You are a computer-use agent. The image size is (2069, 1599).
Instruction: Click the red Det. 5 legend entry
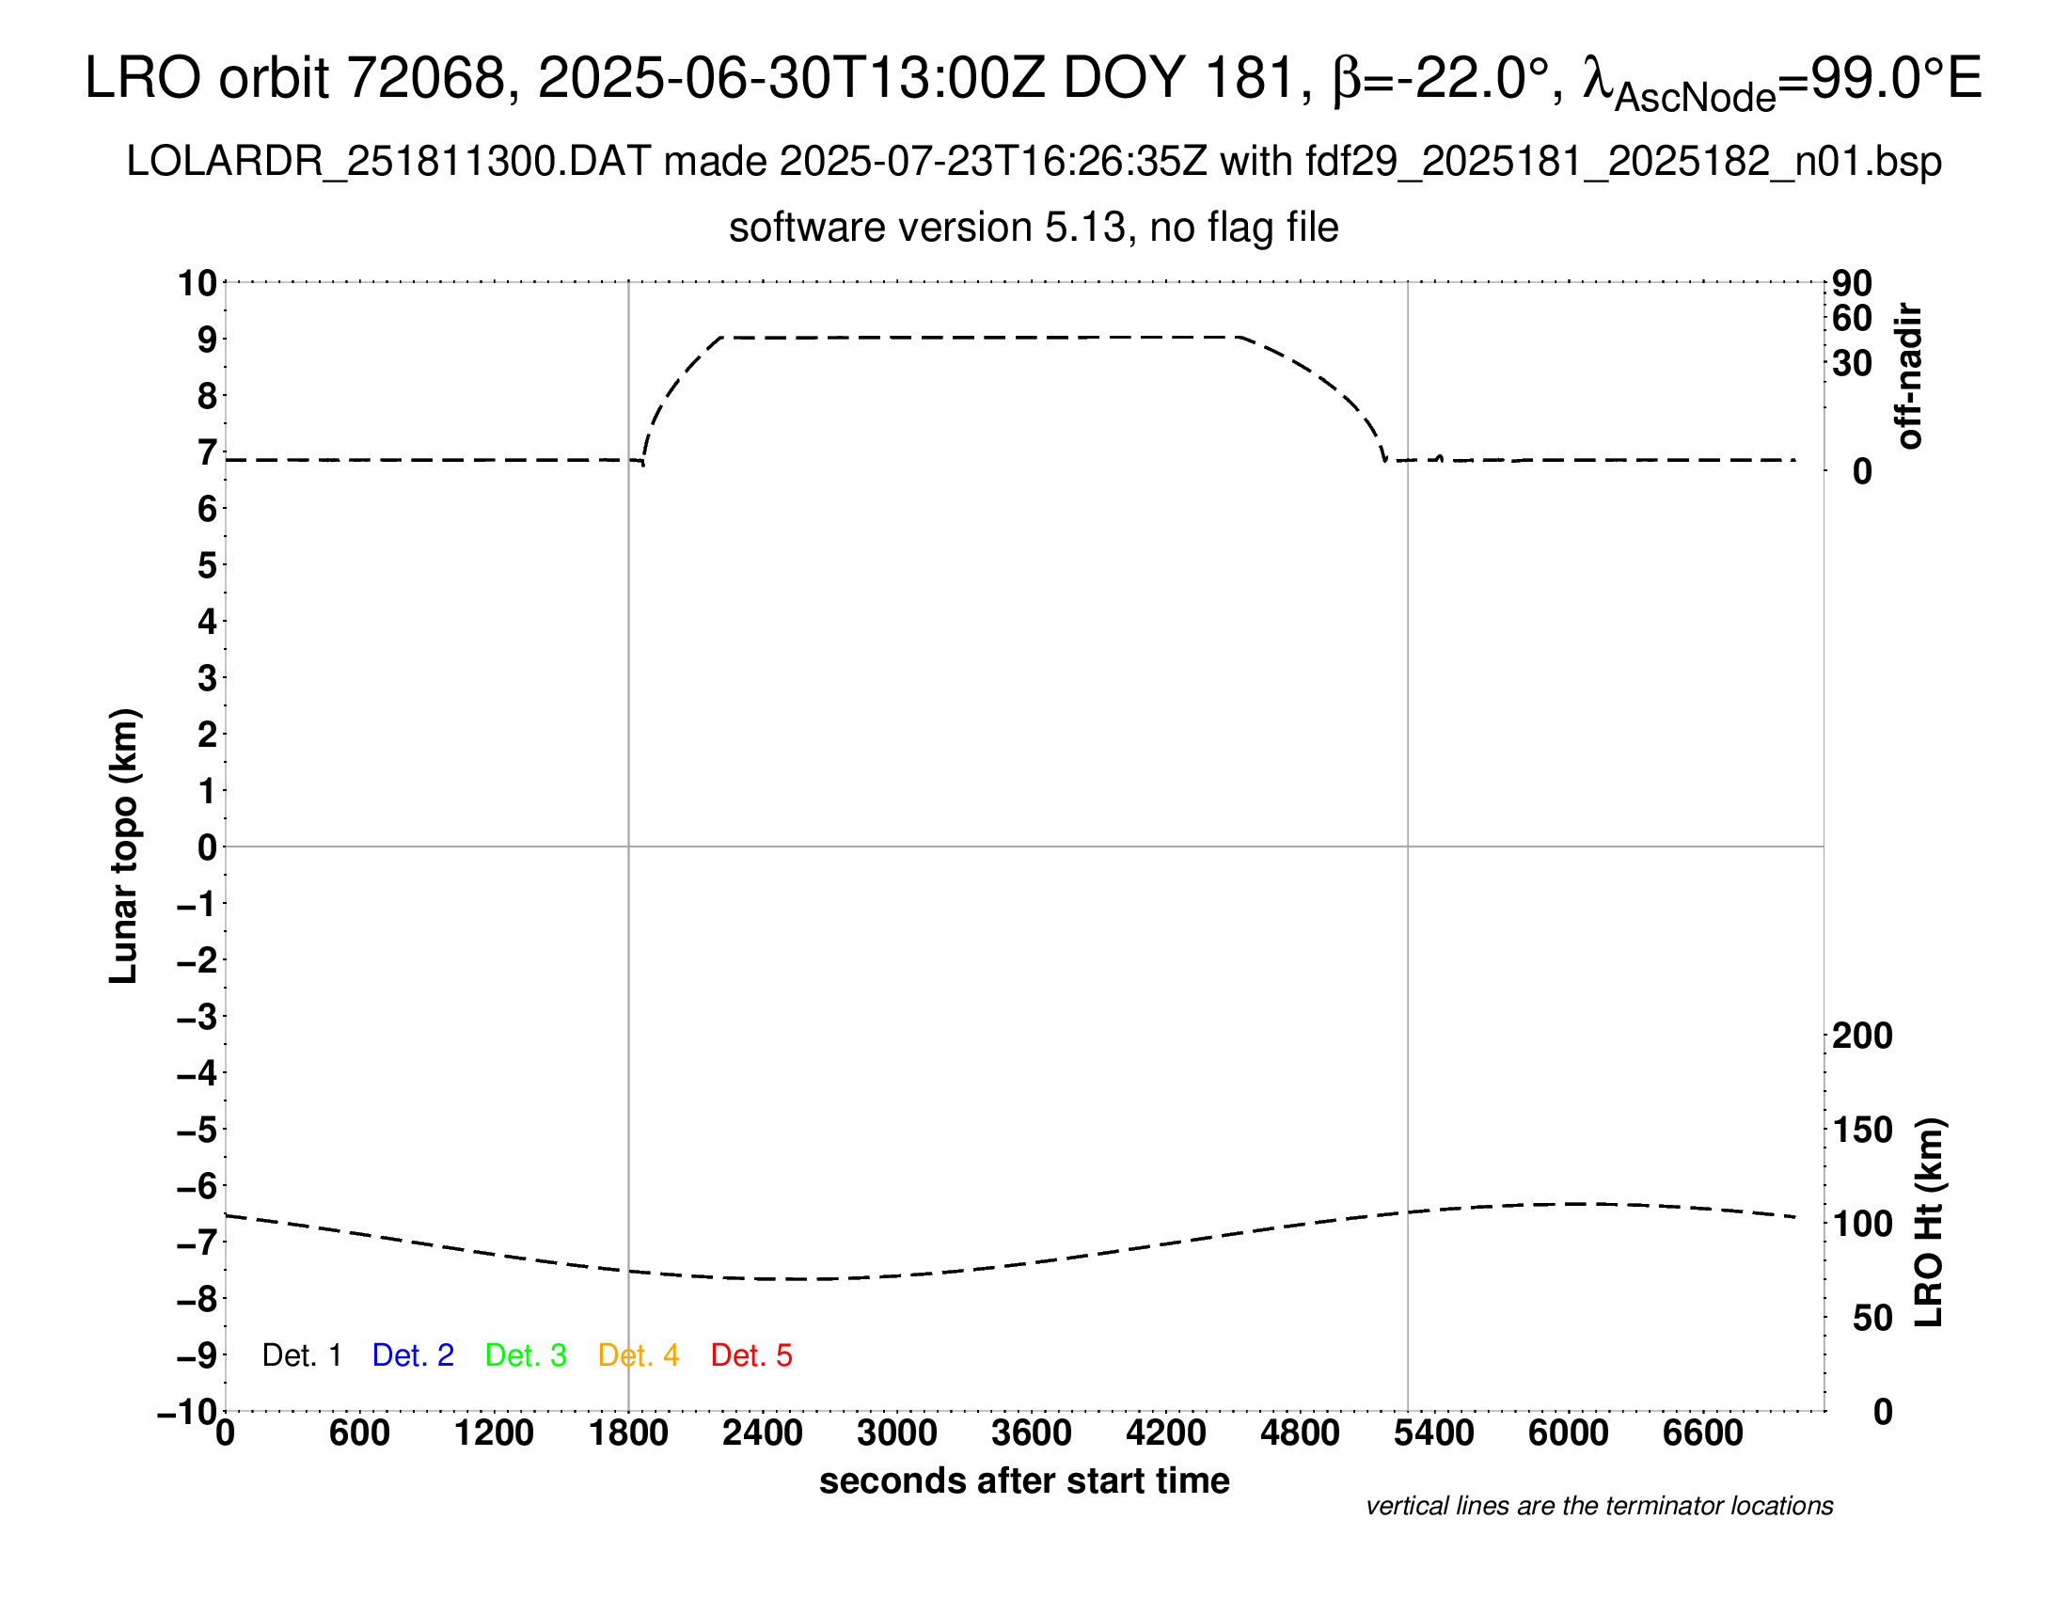pyautogui.click(x=751, y=1355)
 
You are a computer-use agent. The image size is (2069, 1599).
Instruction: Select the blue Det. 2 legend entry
pyautogui.click(x=413, y=1355)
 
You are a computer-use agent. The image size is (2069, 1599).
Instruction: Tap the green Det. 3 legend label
pyautogui.click(x=526, y=1355)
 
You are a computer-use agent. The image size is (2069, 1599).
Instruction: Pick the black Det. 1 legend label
pyautogui.click(x=301, y=1355)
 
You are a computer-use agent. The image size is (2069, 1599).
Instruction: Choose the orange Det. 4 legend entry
pyautogui.click(x=639, y=1355)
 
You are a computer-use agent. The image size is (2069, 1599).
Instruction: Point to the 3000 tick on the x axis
pyautogui.click(x=897, y=1433)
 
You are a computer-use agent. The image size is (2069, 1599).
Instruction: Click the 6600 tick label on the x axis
pyautogui.click(x=1702, y=1433)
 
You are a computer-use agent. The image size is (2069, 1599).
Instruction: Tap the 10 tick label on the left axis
pyautogui.click(x=197, y=283)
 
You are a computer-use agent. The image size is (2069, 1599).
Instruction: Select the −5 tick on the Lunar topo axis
pyautogui.click(x=197, y=1130)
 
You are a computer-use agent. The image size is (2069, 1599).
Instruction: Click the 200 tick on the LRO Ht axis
pyautogui.click(x=1862, y=1037)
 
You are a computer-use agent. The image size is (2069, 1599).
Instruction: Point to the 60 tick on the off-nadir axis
pyautogui.click(x=1853, y=318)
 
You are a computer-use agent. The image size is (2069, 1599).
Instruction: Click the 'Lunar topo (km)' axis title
pyautogui.click(x=124, y=846)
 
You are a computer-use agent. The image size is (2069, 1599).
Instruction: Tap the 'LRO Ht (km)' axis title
pyautogui.click(x=1929, y=1222)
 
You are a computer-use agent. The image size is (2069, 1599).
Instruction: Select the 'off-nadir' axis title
pyautogui.click(x=1910, y=376)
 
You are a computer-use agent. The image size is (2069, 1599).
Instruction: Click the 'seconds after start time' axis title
pyautogui.click(x=1024, y=1480)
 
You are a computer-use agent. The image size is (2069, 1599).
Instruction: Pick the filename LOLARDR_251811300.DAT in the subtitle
pyautogui.click(x=388, y=162)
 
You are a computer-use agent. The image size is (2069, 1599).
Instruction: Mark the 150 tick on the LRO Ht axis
pyautogui.click(x=1862, y=1130)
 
